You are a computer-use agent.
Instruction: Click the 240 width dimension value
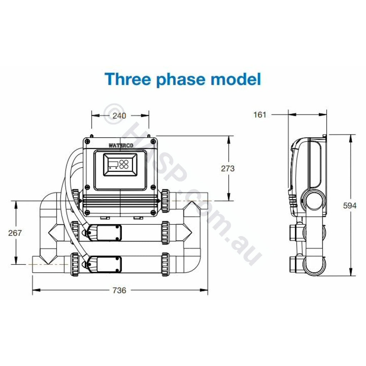pyautogui.click(x=119, y=115)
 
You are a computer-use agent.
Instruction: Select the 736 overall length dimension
pyautogui.click(x=119, y=290)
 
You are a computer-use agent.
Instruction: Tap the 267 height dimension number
pyautogui.click(x=15, y=233)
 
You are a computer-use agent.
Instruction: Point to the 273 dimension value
pyautogui.click(x=228, y=169)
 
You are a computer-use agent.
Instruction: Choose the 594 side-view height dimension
pyautogui.click(x=350, y=206)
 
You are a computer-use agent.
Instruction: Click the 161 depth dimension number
pyautogui.click(x=260, y=115)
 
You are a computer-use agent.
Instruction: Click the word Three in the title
pyautogui.click(x=128, y=79)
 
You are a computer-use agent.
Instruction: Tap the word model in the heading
pyautogui.click(x=236, y=79)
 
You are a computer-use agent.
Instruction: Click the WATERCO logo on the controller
pyautogui.click(x=121, y=145)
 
